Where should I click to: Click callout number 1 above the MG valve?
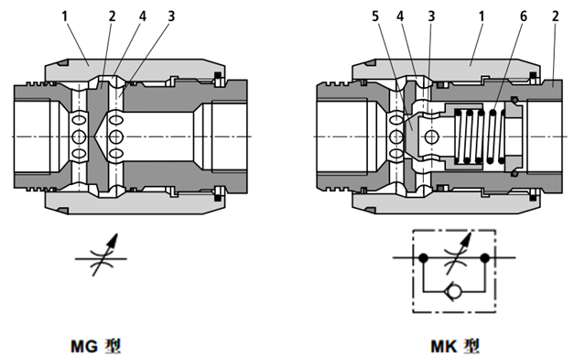pyautogui.click(x=65, y=16)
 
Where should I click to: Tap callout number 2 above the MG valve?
pyautogui.click(x=112, y=16)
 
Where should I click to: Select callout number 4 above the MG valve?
pyautogui.click(x=143, y=16)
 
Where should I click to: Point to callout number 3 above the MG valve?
pyautogui.click(x=171, y=16)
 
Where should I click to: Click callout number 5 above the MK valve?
pyautogui.click(x=375, y=16)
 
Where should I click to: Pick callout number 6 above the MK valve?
pyautogui.click(x=524, y=16)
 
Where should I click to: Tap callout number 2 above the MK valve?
pyautogui.click(x=556, y=16)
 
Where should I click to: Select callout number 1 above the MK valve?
pyautogui.click(x=482, y=16)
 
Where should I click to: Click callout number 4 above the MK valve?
pyautogui.click(x=400, y=16)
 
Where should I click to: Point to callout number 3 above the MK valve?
pyautogui.click(x=431, y=16)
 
